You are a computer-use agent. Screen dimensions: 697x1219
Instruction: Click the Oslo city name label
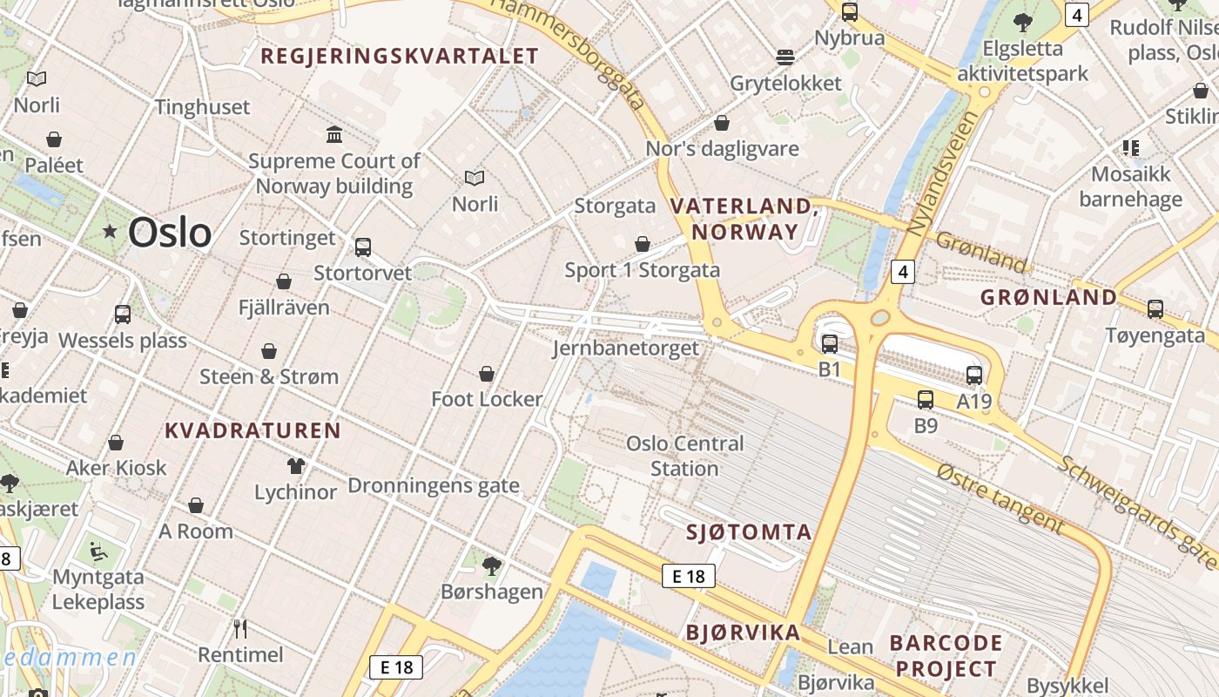coord(169,233)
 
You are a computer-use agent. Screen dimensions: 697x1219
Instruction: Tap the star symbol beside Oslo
coord(110,232)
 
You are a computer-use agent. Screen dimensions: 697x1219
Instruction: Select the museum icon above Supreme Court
coord(334,134)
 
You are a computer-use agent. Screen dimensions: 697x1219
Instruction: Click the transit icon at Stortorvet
coord(363,247)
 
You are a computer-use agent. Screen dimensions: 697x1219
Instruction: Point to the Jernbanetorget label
coord(625,348)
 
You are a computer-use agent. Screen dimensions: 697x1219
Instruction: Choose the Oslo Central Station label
coord(685,456)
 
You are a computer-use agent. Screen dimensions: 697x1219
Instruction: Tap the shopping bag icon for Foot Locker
coord(487,375)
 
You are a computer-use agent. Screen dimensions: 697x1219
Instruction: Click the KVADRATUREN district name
coord(253,430)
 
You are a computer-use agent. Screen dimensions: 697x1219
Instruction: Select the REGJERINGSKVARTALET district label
coord(400,57)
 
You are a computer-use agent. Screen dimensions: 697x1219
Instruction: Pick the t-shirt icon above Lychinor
coord(296,466)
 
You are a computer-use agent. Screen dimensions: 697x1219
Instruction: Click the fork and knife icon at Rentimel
coord(240,628)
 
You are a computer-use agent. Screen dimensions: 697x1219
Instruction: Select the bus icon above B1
coord(829,344)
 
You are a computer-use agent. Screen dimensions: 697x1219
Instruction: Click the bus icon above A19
coord(973,376)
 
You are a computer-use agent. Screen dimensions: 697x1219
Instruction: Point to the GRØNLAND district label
coord(1048,297)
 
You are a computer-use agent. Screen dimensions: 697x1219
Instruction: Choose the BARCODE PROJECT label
coord(946,656)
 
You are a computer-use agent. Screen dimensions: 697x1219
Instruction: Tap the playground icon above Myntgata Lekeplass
coord(98,552)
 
